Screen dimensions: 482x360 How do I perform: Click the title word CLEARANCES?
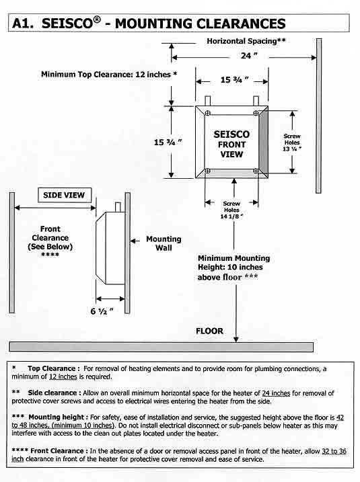[231, 24]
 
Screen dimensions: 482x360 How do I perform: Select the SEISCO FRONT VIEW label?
[231, 144]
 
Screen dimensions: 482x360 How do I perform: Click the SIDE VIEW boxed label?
[63, 195]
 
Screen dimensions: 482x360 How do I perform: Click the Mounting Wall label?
[164, 243]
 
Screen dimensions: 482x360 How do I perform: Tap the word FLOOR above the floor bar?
[209, 331]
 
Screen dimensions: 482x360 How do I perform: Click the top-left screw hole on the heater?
[208, 115]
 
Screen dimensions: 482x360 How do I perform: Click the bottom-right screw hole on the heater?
[256, 171]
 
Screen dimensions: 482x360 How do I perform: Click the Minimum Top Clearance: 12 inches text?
[108, 74]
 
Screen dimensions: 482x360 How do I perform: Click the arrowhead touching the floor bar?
[235, 339]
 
